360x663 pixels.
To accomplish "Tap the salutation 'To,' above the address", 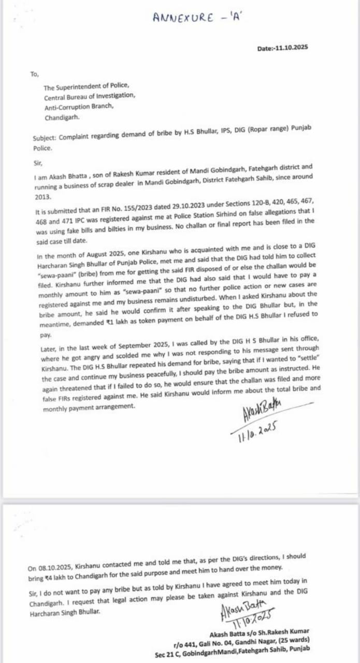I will coord(35,75).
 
